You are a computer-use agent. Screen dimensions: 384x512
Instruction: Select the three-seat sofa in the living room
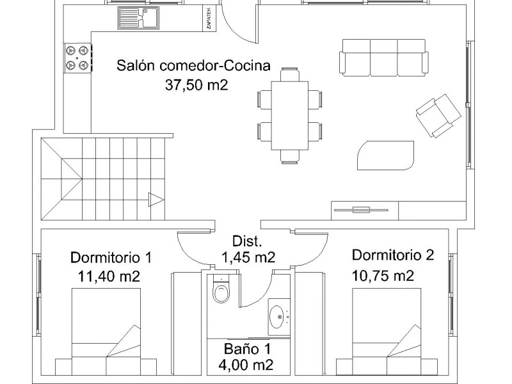point(383,56)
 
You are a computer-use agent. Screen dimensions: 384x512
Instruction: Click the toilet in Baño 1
point(221,292)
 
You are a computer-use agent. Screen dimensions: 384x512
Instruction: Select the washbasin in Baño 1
point(279,316)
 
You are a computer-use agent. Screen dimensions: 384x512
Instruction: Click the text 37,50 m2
point(196,86)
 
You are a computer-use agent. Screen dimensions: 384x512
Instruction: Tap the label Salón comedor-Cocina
point(194,65)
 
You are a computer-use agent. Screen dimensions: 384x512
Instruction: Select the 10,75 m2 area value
point(383,276)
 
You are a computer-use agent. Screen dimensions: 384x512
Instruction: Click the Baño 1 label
point(247,349)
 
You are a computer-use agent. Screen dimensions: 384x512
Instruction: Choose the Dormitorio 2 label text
point(393,255)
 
